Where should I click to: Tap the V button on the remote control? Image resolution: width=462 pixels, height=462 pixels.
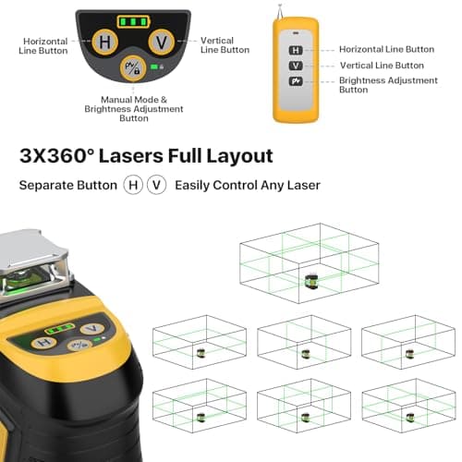[x=295, y=67]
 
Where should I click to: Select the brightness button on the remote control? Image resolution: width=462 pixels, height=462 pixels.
[x=295, y=82]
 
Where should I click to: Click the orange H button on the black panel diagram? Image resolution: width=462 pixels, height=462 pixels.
[x=105, y=43]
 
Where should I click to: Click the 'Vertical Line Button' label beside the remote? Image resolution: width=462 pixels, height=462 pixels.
[x=382, y=66]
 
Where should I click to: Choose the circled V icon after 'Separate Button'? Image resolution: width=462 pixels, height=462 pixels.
[x=157, y=185]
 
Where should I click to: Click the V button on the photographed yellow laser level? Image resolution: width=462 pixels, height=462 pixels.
[x=89, y=328]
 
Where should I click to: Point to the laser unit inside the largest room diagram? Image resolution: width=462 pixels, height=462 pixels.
[x=310, y=276]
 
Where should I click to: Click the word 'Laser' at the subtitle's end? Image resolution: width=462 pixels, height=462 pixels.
[x=301, y=185]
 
